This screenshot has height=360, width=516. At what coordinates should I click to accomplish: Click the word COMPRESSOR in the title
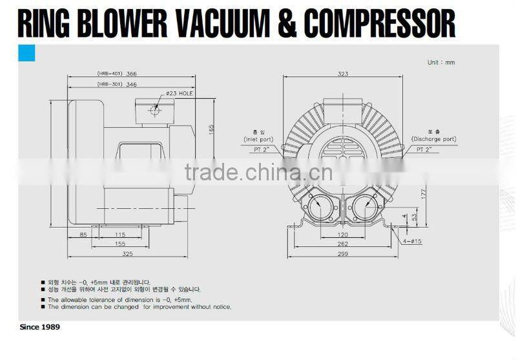[x=380, y=23]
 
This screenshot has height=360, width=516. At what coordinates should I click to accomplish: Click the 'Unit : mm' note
[x=441, y=63]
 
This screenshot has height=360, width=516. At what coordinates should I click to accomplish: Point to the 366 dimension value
[x=132, y=74]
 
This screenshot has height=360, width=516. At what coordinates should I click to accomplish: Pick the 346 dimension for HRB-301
[x=132, y=85]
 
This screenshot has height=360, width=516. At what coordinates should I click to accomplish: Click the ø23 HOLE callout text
[x=180, y=94]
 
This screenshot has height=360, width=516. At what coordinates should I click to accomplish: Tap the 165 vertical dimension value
[x=211, y=130]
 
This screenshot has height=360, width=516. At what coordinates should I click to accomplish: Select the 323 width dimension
[x=343, y=74]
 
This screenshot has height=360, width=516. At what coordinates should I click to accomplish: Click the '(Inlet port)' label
[x=258, y=139]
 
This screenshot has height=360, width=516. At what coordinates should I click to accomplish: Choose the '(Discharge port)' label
[x=433, y=139]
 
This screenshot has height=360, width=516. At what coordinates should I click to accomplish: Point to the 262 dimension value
[x=342, y=244]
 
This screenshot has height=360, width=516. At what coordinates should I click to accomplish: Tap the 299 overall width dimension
[x=342, y=254]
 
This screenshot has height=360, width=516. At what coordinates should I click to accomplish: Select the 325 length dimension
[x=127, y=254]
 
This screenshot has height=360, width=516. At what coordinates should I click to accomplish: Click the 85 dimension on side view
[x=84, y=235]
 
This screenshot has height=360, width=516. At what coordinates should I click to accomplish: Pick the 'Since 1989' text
[x=40, y=328]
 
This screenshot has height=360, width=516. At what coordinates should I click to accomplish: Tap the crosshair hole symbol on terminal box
[x=154, y=110]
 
